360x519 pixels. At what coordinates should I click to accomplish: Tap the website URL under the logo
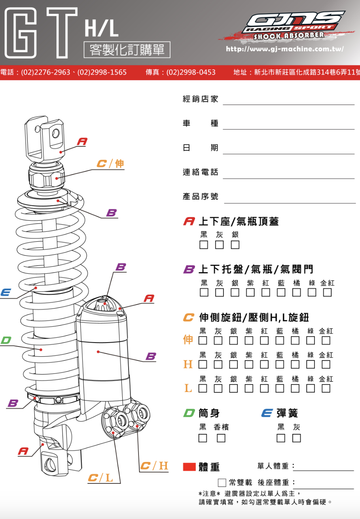coord(284,49)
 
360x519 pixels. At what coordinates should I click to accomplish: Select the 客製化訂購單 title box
coord(127,50)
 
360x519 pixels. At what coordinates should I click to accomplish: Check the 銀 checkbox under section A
coord(235,245)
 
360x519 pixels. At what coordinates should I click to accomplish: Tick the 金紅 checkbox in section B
coord(327,292)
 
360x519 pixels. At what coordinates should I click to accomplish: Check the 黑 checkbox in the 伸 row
coord(203,340)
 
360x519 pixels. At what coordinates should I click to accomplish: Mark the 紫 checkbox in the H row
coord(249,364)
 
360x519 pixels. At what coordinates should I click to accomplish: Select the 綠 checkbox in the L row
coord(311,388)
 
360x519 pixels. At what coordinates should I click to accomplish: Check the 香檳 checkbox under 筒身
coord(221,438)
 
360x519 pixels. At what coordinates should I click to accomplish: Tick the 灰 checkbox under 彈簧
coord(296,438)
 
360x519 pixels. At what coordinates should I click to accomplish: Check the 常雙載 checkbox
coord(222,483)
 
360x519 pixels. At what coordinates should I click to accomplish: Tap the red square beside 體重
coord(189,467)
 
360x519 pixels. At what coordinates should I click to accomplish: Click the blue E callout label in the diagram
coord(6,293)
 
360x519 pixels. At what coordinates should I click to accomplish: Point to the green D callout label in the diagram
coord(6,340)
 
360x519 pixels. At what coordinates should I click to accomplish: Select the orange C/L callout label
coord(100,478)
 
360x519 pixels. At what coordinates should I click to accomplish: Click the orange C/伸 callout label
coord(111,163)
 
